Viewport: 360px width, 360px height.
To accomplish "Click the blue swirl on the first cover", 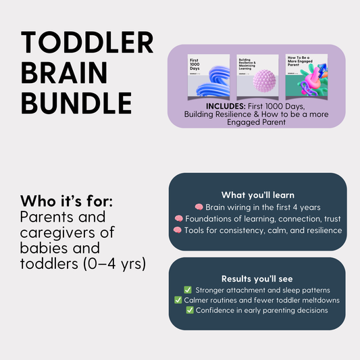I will pos(208,80).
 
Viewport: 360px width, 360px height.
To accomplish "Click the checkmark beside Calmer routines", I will pos(178,300).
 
